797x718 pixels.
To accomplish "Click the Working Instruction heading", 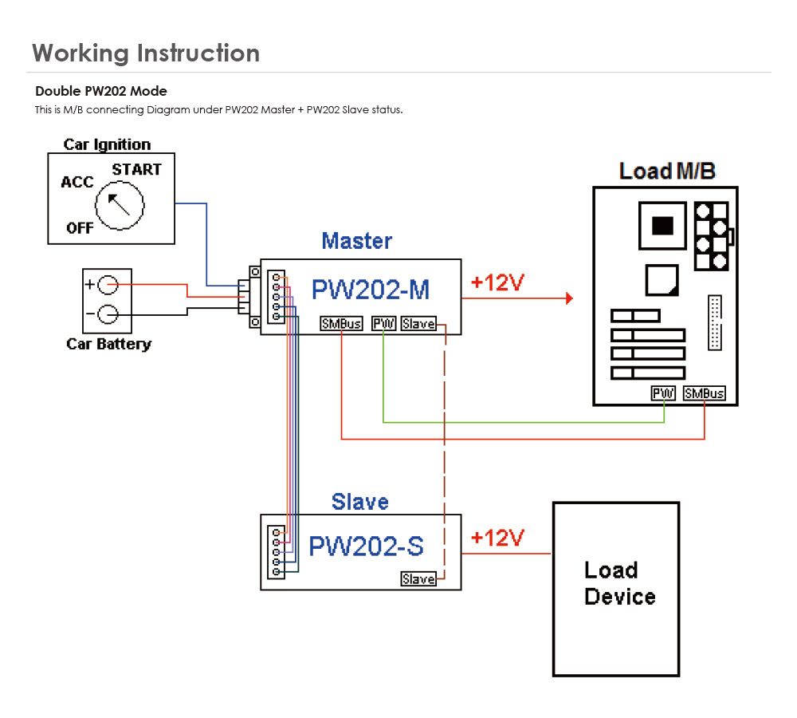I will (x=146, y=53).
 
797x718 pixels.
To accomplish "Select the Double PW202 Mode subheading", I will (x=101, y=91).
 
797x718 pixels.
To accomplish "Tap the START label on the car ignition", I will (x=136, y=169).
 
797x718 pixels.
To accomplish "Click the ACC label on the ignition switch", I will (x=77, y=183).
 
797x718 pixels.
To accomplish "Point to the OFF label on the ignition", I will (x=80, y=227).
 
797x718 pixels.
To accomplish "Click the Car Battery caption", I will (x=108, y=345).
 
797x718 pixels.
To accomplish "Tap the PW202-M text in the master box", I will (x=371, y=290).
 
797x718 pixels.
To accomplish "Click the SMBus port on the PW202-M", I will (x=341, y=324).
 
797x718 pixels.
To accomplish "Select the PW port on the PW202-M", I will (x=383, y=324).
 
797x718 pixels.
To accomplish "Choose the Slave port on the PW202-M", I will (x=418, y=324).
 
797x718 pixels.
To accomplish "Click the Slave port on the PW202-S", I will (x=418, y=579).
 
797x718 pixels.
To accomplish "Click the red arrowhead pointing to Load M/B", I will (x=569, y=298).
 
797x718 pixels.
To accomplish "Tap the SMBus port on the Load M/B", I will (x=705, y=393).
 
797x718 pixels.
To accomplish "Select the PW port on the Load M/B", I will (x=664, y=393).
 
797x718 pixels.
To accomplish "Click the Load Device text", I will (x=619, y=583).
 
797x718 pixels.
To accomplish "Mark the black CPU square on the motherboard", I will (x=662, y=226).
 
